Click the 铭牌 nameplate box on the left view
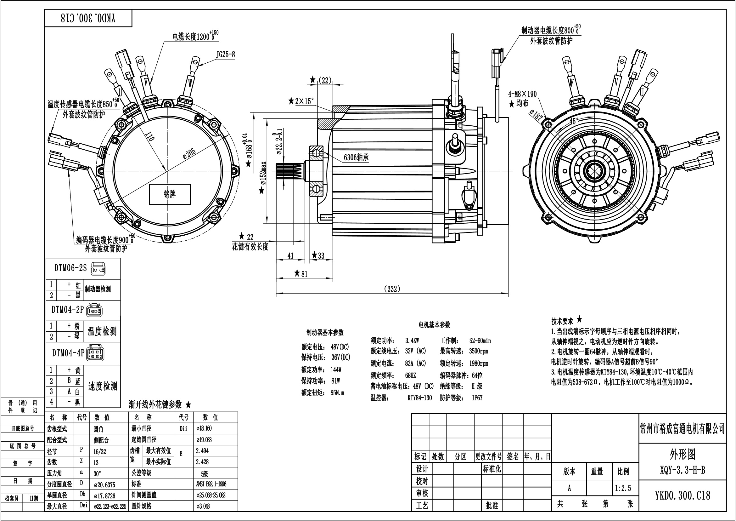[170, 194]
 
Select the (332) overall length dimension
[392, 289]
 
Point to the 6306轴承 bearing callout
[356, 157]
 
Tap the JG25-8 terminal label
[225, 54]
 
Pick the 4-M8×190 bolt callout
[523, 94]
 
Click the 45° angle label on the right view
[574, 121]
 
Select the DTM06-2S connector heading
[70, 268]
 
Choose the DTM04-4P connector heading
[68, 353]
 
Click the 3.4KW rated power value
[412, 341]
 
